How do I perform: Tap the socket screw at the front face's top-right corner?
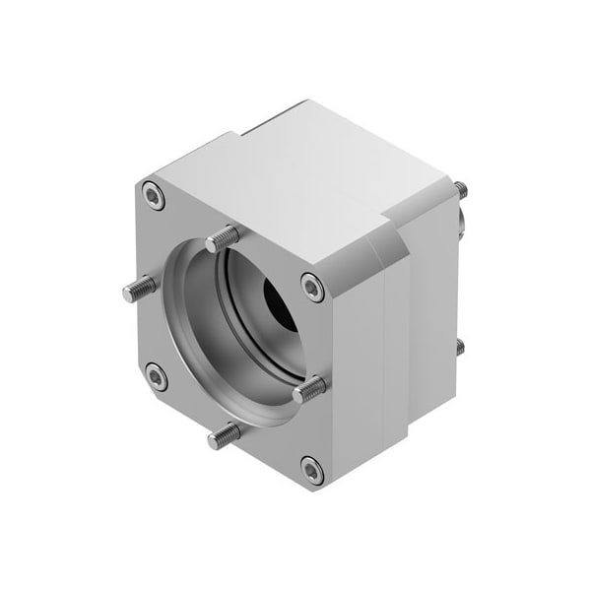click(x=312, y=287)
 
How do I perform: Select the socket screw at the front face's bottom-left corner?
click(x=156, y=375)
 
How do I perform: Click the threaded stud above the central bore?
click(x=223, y=237)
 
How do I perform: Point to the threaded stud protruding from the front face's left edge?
click(x=139, y=289)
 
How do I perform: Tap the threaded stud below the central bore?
click(x=225, y=433)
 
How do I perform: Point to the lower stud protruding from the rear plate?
click(x=459, y=346)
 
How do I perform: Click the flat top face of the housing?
click(x=295, y=177)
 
